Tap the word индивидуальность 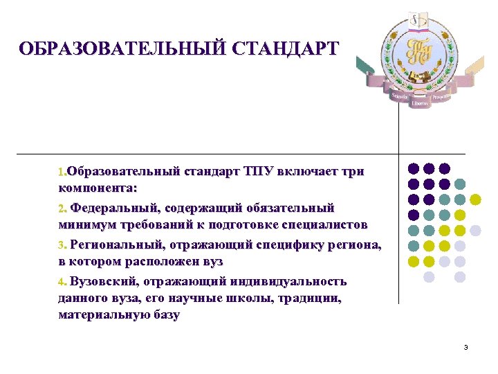[x=289, y=282]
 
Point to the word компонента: [x=98, y=188]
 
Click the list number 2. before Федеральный [x=62, y=208]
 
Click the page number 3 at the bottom [x=466, y=347]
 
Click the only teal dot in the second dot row [x=460, y=184]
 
